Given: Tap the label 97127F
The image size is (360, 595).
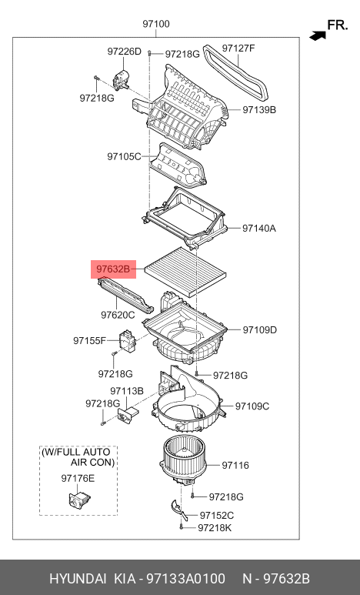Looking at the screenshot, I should (238, 48).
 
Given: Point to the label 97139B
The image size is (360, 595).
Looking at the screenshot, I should (259, 110).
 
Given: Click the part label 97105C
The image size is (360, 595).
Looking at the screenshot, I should (124, 156).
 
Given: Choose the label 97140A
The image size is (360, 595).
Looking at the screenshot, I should (259, 229).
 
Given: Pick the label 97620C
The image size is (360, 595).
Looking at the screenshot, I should (117, 315).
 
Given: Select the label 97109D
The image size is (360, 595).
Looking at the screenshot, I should (260, 329).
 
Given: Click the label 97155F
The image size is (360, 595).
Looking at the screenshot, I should (90, 339).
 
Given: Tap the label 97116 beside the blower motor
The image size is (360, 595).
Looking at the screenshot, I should (235, 465).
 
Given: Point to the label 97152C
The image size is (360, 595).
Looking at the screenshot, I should (216, 515).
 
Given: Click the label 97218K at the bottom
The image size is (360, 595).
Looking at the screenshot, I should (215, 528).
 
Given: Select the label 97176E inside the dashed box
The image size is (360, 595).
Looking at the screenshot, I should (78, 478).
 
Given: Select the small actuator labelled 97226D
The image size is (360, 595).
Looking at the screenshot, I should (120, 78).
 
